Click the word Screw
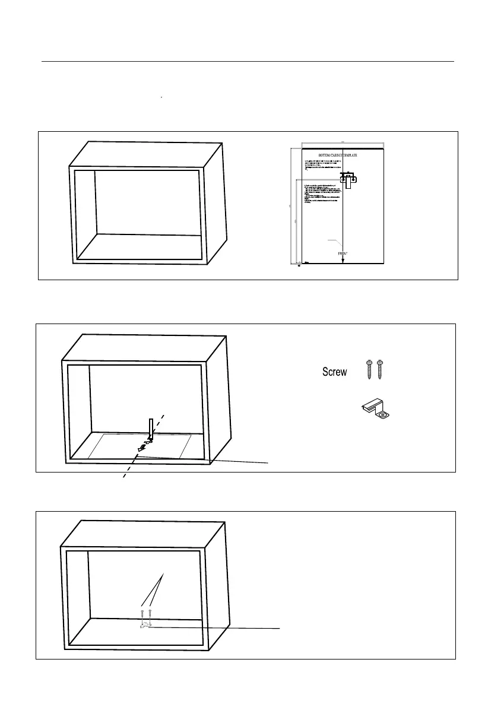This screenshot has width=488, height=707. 334,372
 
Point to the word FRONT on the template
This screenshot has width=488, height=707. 343,253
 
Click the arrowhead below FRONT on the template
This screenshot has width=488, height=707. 343,260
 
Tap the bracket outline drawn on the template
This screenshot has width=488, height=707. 348,179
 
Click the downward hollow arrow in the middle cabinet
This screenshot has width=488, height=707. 151,429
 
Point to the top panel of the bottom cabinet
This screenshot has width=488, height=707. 142,535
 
